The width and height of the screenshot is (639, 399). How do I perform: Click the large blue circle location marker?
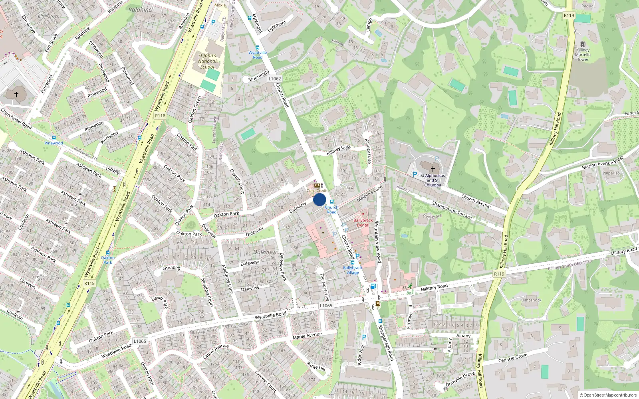319,199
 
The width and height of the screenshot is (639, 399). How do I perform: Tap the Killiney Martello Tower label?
583,55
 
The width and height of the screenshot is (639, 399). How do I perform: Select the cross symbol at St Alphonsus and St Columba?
433,169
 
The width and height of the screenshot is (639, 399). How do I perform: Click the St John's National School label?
207,61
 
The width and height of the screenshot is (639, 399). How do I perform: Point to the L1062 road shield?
275,79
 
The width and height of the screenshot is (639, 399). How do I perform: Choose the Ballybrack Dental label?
363,223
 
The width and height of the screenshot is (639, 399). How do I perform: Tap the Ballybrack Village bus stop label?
352,270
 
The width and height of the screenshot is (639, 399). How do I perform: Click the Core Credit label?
317,191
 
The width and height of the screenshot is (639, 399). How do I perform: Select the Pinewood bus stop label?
54,143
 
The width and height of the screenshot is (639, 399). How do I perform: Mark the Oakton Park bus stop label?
107,260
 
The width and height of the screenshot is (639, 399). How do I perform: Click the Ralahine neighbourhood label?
140,10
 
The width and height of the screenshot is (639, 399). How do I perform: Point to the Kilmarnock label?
531,300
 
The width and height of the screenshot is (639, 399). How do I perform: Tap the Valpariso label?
611,173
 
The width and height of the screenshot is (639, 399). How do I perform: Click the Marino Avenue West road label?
602,163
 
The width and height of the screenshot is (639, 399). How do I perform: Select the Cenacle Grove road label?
513,358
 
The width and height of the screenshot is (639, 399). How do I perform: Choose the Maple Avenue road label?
307,336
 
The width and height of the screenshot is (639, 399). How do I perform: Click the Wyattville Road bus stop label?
258,55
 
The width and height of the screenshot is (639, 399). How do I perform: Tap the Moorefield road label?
259,76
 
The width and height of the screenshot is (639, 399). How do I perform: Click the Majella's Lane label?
369,193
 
